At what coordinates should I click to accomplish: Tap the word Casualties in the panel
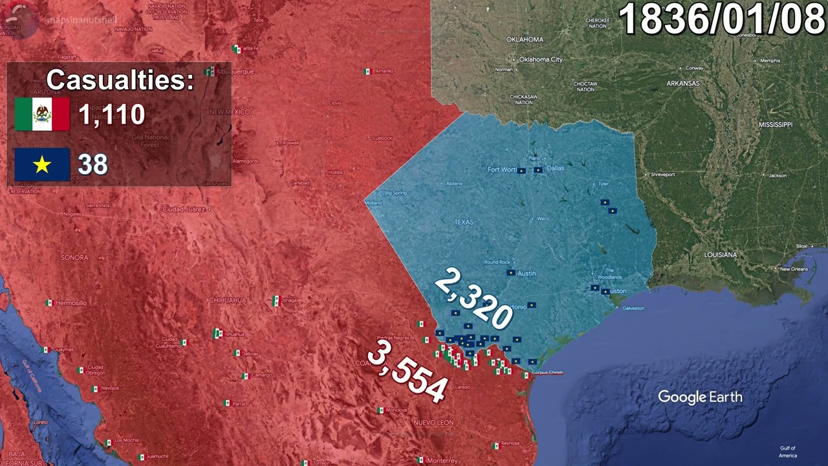[120, 80]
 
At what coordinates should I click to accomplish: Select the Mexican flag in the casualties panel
[42, 115]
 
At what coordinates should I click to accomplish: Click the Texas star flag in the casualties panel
[42, 164]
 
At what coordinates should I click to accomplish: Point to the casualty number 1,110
[111, 115]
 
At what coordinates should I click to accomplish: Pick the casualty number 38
[93, 164]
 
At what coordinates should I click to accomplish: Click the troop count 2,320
[473, 300]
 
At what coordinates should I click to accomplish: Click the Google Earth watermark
[700, 397]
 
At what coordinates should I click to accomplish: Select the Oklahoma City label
[541, 60]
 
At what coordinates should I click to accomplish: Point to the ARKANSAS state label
[683, 83]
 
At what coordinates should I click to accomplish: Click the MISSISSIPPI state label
[775, 124]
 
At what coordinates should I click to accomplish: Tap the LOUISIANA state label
[720, 255]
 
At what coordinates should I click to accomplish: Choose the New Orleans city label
[794, 269]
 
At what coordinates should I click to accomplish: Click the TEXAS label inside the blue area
[464, 222]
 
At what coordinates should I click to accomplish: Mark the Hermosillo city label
[71, 303]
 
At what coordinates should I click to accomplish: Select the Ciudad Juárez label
[184, 210]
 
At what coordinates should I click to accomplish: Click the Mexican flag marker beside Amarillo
[367, 71]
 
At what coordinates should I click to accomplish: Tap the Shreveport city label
[662, 175]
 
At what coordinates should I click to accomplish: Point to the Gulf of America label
[787, 452]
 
